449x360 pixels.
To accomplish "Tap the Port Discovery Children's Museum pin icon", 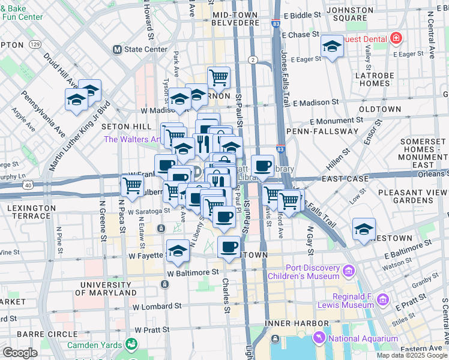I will tap(348, 272).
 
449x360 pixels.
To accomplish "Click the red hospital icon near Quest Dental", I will tap(396, 39).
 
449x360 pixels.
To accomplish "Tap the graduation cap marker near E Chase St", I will tap(331, 47).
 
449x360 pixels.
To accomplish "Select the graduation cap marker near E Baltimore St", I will tap(363, 230).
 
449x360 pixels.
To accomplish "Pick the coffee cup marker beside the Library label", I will tap(262, 166).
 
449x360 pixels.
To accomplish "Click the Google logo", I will tap(20, 352).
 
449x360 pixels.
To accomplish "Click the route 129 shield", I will tap(36, 44).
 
